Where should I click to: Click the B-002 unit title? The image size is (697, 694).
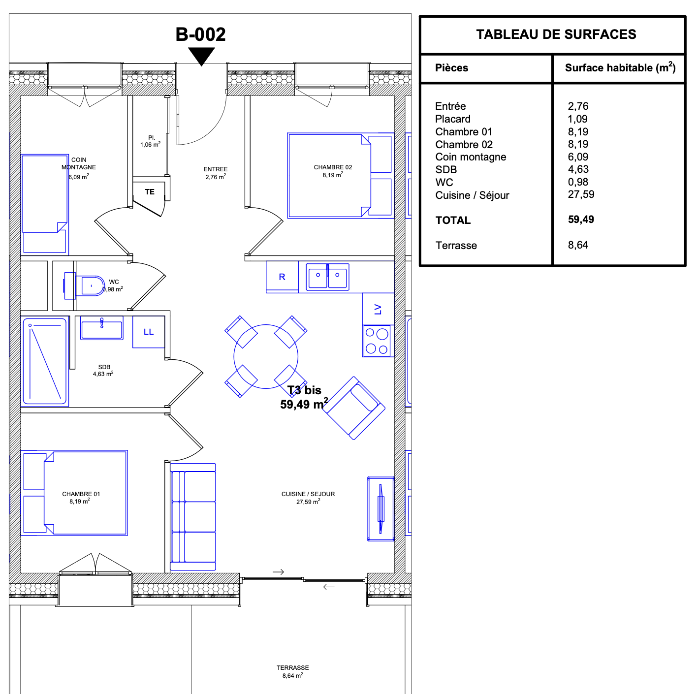[200, 34]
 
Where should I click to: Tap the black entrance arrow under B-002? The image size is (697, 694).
[201, 56]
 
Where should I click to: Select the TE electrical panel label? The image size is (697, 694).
[150, 192]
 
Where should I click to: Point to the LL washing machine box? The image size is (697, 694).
[149, 332]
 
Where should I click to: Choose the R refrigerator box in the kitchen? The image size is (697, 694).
[282, 277]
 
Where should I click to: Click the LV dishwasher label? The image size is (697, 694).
[378, 309]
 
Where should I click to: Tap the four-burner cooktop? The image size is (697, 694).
[377, 341]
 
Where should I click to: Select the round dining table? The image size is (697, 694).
[266, 356]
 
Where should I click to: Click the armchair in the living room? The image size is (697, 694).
[354, 408]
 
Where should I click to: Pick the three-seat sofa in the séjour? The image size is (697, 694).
[193, 516]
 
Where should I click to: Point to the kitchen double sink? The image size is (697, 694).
[327, 277]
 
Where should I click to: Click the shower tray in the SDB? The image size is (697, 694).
[44, 361]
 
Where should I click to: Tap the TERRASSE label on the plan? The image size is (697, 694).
[293, 668]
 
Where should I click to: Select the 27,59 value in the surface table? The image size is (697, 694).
[581, 194]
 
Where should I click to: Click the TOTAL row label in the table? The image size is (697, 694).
[453, 220]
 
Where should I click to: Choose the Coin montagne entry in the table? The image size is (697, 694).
[471, 157]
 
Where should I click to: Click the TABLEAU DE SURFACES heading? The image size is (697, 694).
[556, 34]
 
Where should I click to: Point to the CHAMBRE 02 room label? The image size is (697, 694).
[333, 167]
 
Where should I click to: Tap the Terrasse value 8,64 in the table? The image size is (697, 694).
[578, 245]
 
